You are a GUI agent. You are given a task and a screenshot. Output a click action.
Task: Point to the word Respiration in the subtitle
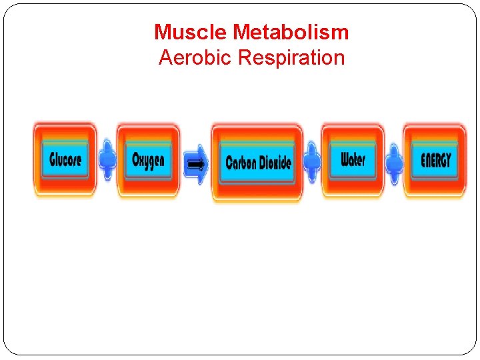(291, 58)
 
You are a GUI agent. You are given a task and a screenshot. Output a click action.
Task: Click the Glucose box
(65, 160)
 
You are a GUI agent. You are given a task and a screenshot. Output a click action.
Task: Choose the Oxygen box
(148, 160)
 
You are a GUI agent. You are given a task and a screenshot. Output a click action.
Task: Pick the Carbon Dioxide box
(258, 162)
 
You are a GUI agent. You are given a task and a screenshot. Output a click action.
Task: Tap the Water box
(353, 160)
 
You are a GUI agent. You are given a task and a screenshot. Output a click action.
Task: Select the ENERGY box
(435, 160)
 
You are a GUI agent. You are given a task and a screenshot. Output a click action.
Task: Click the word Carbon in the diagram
(241, 163)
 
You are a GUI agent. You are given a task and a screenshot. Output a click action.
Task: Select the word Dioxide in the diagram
(275, 163)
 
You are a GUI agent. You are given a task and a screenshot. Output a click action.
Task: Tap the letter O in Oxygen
(135, 159)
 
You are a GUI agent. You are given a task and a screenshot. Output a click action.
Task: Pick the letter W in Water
(344, 159)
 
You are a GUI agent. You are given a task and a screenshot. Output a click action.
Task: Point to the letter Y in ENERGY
(447, 160)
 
